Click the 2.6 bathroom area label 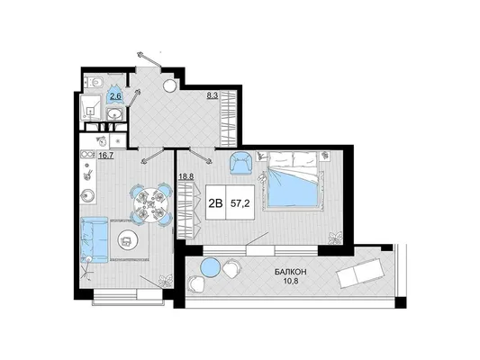(x=115, y=96)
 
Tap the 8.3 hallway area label (x=213, y=95)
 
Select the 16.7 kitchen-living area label (x=106, y=156)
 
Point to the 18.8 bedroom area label (x=186, y=176)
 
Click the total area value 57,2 (x=240, y=203)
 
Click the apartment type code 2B (x=215, y=203)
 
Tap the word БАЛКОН (x=291, y=271)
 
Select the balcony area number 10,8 (x=291, y=281)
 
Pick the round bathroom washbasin (x=115, y=114)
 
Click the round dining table (x=149, y=204)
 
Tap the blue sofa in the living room (x=95, y=239)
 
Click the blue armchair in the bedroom (x=241, y=163)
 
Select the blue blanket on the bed (x=292, y=187)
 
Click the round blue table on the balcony (x=211, y=266)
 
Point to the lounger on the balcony (x=359, y=273)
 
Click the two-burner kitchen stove (x=87, y=155)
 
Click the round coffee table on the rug (x=126, y=241)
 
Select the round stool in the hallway (x=169, y=85)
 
